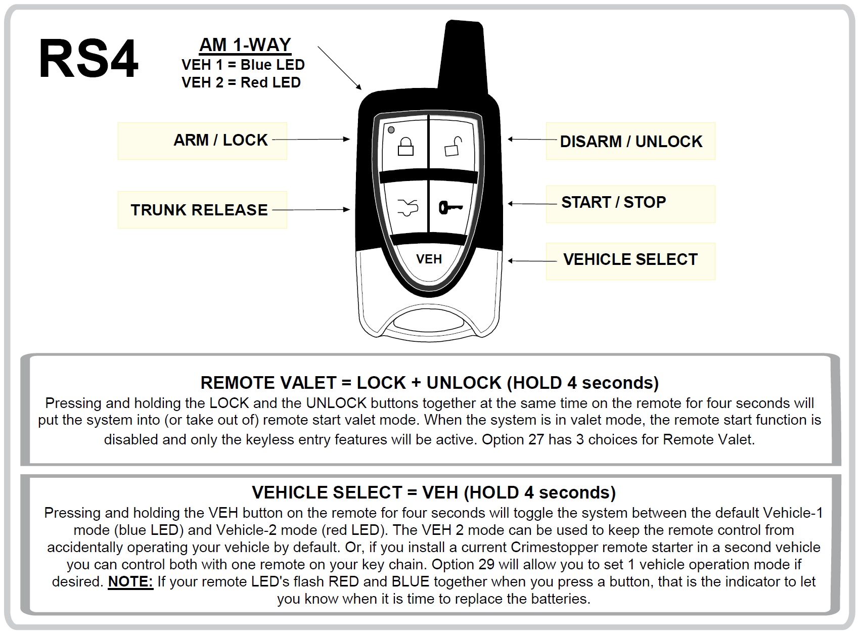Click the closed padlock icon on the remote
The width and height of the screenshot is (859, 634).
click(x=405, y=146)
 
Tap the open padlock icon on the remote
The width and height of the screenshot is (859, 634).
click(x=453, y=147)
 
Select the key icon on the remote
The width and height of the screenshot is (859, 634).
click(x=451, y=207)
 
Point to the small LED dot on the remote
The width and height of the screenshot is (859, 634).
click(x=391, y=130)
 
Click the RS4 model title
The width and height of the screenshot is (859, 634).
click(x=88, y=60)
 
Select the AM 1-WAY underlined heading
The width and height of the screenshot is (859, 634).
click(x=245, y=45)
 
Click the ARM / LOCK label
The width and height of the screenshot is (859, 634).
click(x=220, y=140)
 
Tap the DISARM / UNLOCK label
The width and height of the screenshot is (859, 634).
click(x=630, y=142)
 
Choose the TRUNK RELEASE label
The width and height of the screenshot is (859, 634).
click(x=199, y=210)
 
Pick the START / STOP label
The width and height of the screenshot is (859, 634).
click(x=613, y=202)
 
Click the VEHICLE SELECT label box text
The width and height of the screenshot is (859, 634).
click(x=630, y=259)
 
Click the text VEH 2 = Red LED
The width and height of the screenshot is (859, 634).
click(x=241, y=82)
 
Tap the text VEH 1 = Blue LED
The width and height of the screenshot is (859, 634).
click(x=243, y=65)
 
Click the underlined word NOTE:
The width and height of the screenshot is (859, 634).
click(x=130, y=581)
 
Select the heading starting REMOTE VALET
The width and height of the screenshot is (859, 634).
click(x=429, y=383)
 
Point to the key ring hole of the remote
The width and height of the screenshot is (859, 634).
click(x=429, y=322)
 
